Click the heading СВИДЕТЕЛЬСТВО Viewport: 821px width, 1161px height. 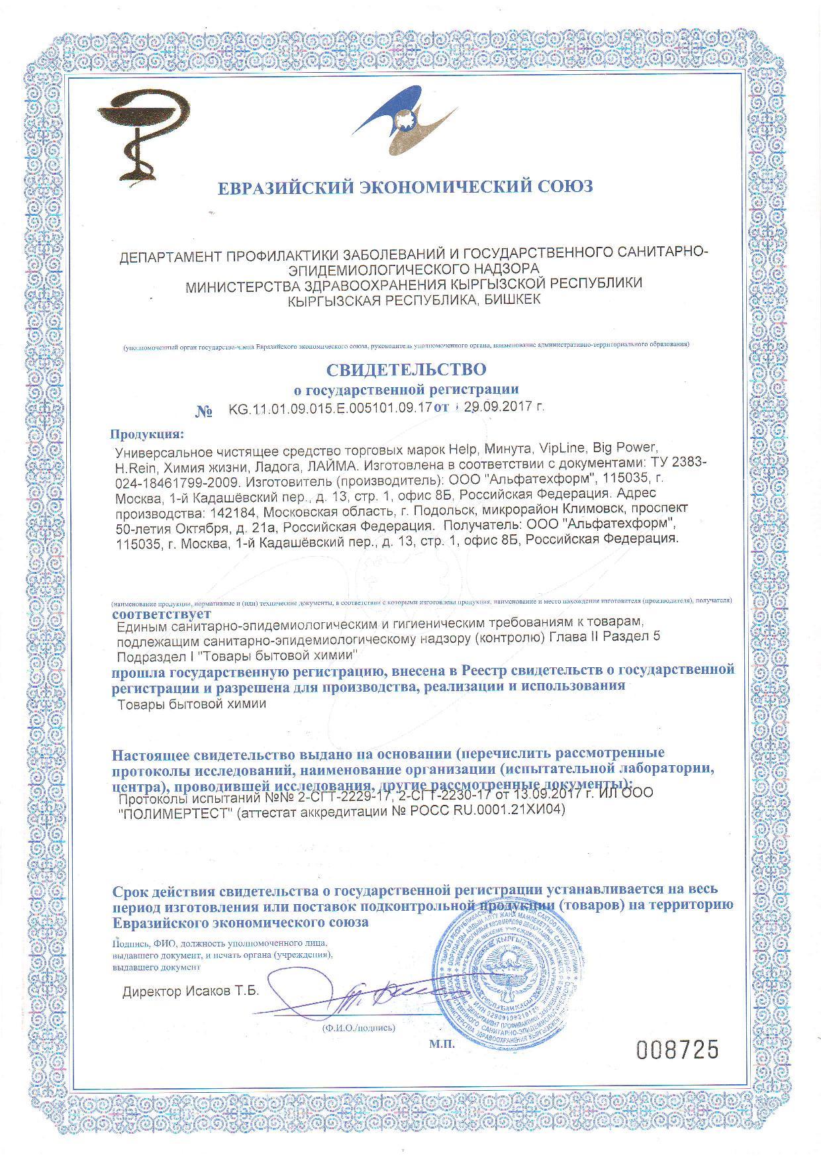406,369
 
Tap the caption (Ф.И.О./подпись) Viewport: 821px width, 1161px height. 358,1028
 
